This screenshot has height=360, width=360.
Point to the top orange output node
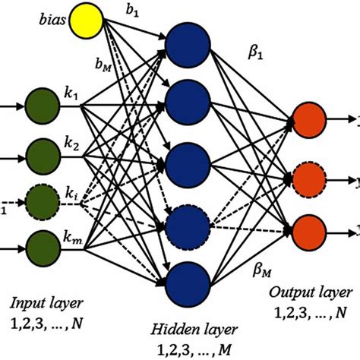pyautogui.click(x=308, y=121)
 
